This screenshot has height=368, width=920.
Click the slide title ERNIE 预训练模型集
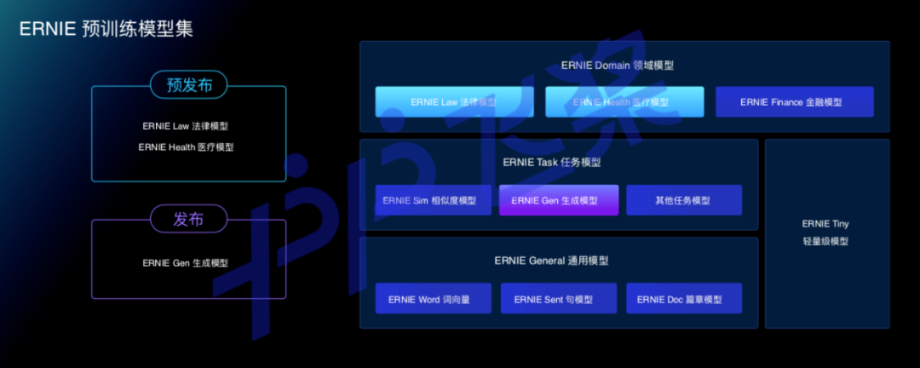(106, 28)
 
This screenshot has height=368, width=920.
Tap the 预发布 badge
(188, 84)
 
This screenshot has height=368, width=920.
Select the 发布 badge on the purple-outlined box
(188, 219)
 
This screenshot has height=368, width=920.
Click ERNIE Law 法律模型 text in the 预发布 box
(185, 126)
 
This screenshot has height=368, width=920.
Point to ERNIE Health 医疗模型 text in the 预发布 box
(185, 147)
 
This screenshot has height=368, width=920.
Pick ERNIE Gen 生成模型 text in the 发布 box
(185, 263)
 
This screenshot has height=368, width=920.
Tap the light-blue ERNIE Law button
(454, 102)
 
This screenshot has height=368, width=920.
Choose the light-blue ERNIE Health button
(624, 102)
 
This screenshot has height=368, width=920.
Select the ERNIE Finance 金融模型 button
(794, 102)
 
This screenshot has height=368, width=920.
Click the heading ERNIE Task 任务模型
(558, 163)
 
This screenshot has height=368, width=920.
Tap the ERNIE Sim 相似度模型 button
(433, 201)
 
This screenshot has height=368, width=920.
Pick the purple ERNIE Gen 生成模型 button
(557, 201)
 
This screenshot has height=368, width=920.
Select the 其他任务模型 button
(683, 201)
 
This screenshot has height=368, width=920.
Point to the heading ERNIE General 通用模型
(558, 261)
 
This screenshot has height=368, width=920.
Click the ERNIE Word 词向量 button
(433, 299)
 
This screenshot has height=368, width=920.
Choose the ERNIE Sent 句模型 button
(557, 299)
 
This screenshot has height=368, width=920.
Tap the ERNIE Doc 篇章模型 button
(683, 299)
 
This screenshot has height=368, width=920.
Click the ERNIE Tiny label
(825, 224)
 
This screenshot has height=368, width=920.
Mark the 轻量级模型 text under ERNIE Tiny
(825, 242)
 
